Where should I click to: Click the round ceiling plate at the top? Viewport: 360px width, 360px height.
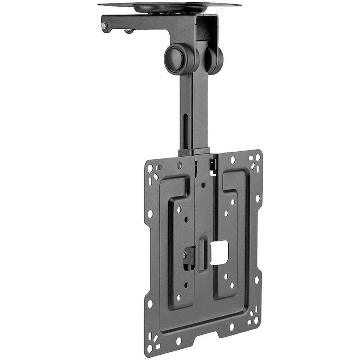click(170, 6)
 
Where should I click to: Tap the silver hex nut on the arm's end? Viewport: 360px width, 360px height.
click(103, 26)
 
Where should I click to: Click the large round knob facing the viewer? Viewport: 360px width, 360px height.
click(179, 59)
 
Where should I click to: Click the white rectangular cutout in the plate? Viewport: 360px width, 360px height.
click(219, 252)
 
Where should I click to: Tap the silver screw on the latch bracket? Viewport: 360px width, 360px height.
click(184, 255)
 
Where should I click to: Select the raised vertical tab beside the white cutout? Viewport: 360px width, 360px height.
click(202, 255)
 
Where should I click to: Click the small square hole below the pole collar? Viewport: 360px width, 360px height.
click(203, 184)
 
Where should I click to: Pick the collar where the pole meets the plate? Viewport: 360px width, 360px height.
click(194, 152)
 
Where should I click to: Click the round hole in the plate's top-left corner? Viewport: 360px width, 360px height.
click(150, 168)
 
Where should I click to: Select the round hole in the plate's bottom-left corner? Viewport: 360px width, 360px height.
click(150, 348)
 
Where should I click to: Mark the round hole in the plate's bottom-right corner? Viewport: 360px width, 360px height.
click(256, 320)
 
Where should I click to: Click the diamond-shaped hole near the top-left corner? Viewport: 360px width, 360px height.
click(155, 176)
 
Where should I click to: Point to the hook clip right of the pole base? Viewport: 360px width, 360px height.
click(213, 165)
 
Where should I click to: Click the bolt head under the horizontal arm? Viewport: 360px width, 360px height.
click(129, 31)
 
